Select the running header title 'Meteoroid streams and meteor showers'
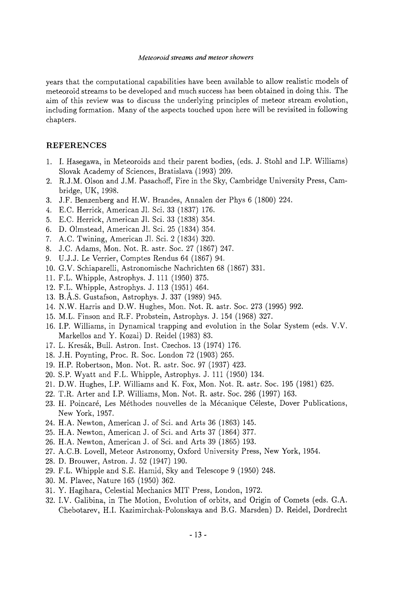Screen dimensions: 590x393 (x=196, y=57)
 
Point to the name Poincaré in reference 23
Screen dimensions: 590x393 (x=83, y=404)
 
